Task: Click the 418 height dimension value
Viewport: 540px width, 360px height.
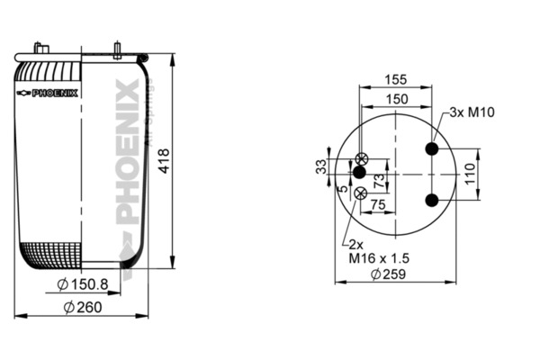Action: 165,161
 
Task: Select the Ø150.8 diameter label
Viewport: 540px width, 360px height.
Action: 83,284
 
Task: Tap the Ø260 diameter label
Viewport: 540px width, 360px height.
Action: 83,307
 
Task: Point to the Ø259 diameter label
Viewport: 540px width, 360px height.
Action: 389,274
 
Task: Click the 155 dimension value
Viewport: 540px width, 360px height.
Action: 396,79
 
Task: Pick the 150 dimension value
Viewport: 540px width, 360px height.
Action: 397,99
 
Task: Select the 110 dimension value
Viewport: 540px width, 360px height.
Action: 470,175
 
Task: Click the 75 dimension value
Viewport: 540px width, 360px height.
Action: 378,205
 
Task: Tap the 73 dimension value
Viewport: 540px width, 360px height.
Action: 379,181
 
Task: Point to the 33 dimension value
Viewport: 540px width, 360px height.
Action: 321,166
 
